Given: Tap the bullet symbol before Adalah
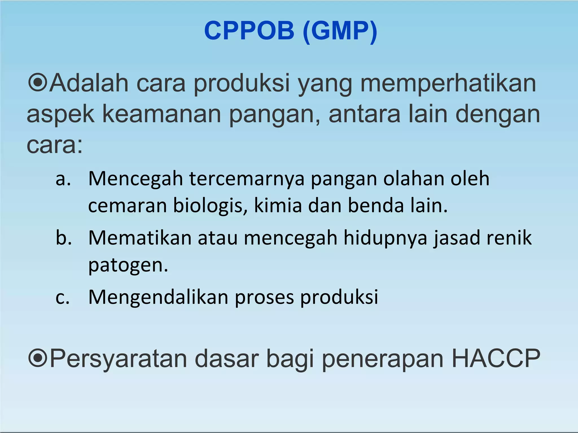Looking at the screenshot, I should (x=37, y=82).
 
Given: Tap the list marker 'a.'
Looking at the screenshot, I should (x=63, y=179).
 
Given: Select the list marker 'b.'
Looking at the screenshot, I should (x=64, y=238).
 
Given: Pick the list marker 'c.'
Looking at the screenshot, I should (x=62, y=297).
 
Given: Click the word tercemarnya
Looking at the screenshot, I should (x=247, y=179).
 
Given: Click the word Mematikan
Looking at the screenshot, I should (x=140, y=238).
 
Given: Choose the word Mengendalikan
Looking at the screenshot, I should (x=158, y=297).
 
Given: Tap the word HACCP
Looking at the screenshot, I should (x=496, y=358).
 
